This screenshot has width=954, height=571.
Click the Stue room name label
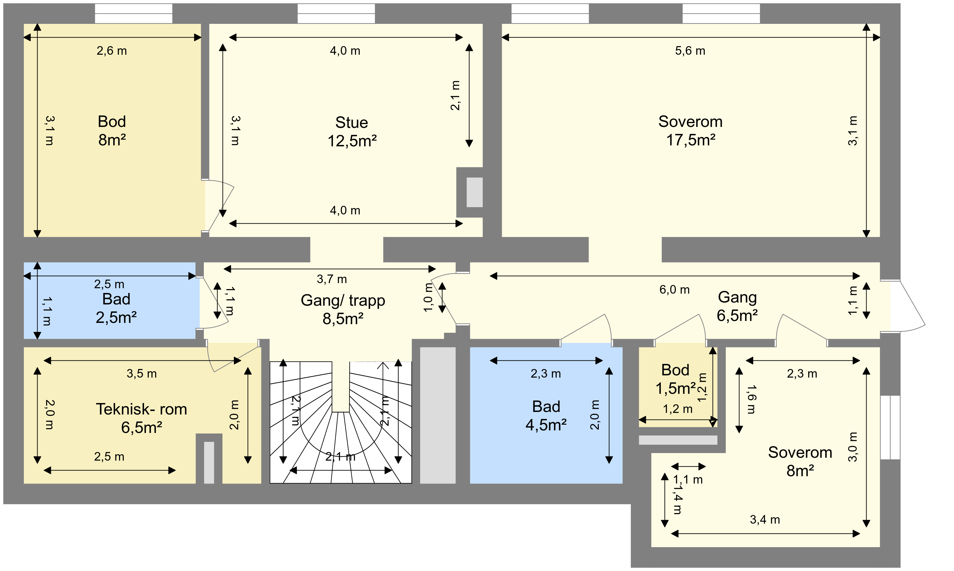coord(351,122)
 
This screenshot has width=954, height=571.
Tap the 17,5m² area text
coord(691,140)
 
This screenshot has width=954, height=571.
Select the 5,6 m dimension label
coord(690,51)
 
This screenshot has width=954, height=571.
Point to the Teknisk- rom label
coord(142,409)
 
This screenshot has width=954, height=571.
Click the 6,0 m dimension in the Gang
coord(674,289)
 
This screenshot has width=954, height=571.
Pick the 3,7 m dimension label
coord(332,279)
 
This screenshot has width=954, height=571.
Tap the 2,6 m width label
coord(112,51)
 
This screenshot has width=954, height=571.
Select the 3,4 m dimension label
coord(765,520)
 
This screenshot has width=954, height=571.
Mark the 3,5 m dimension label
coord(142,373)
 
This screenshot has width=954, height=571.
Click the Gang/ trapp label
coord(342,301)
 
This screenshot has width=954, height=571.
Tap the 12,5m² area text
coord(352,141)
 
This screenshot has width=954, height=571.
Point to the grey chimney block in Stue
coord(470,192)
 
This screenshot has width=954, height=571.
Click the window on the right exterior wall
coord(890,427)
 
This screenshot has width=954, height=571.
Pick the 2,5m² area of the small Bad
coord(116,318)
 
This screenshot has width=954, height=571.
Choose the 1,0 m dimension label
coord(428,297)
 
